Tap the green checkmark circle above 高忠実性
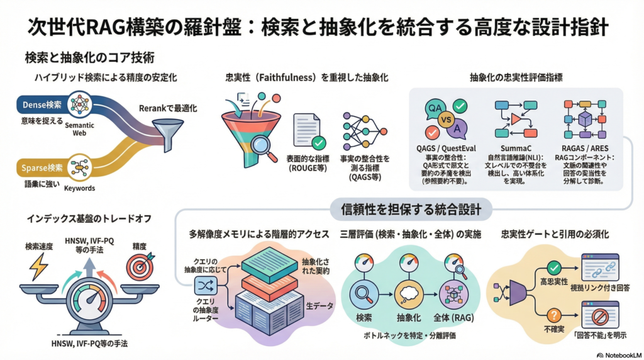point(554,267)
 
